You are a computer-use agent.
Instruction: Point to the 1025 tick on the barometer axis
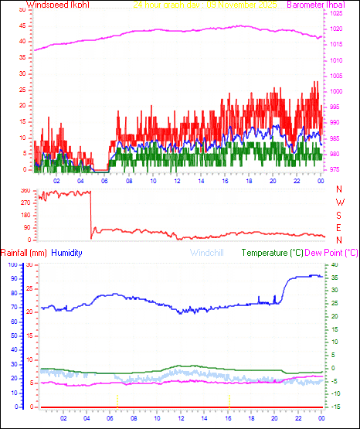[337, 14]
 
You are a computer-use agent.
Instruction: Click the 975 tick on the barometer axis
[337, 169]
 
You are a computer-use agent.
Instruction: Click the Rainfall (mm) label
[24, 253]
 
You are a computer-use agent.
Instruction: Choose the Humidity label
[67, 253]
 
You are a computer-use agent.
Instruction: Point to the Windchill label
[206, 253]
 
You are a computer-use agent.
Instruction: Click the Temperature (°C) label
[273, 253]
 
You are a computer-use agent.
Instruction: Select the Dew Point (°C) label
[332, 253]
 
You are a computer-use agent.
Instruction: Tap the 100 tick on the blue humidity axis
[10, 264]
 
